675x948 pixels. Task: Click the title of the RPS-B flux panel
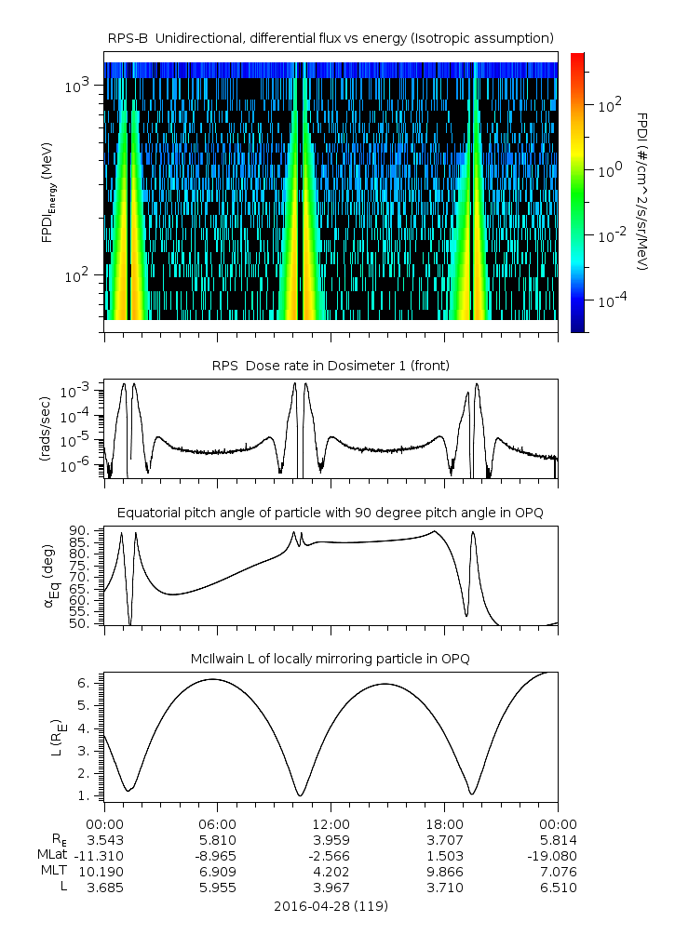click(x=331, y=37)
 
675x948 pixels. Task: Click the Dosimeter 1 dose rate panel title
click(x=331, y=366)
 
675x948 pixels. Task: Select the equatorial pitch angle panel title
click(x=331, y=513)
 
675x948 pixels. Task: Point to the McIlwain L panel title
click(x=331, y=659)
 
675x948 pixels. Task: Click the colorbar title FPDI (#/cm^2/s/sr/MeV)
click(x=643, y=191)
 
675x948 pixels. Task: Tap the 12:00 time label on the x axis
click(x=331, y=824)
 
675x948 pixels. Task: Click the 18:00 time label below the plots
click(x=444, y=824)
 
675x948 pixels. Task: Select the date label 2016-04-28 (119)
click(x=331, y=905)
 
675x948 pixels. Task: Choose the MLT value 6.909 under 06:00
click(x=218, y=871)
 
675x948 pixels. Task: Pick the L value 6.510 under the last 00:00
click(x=558, y=888)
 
